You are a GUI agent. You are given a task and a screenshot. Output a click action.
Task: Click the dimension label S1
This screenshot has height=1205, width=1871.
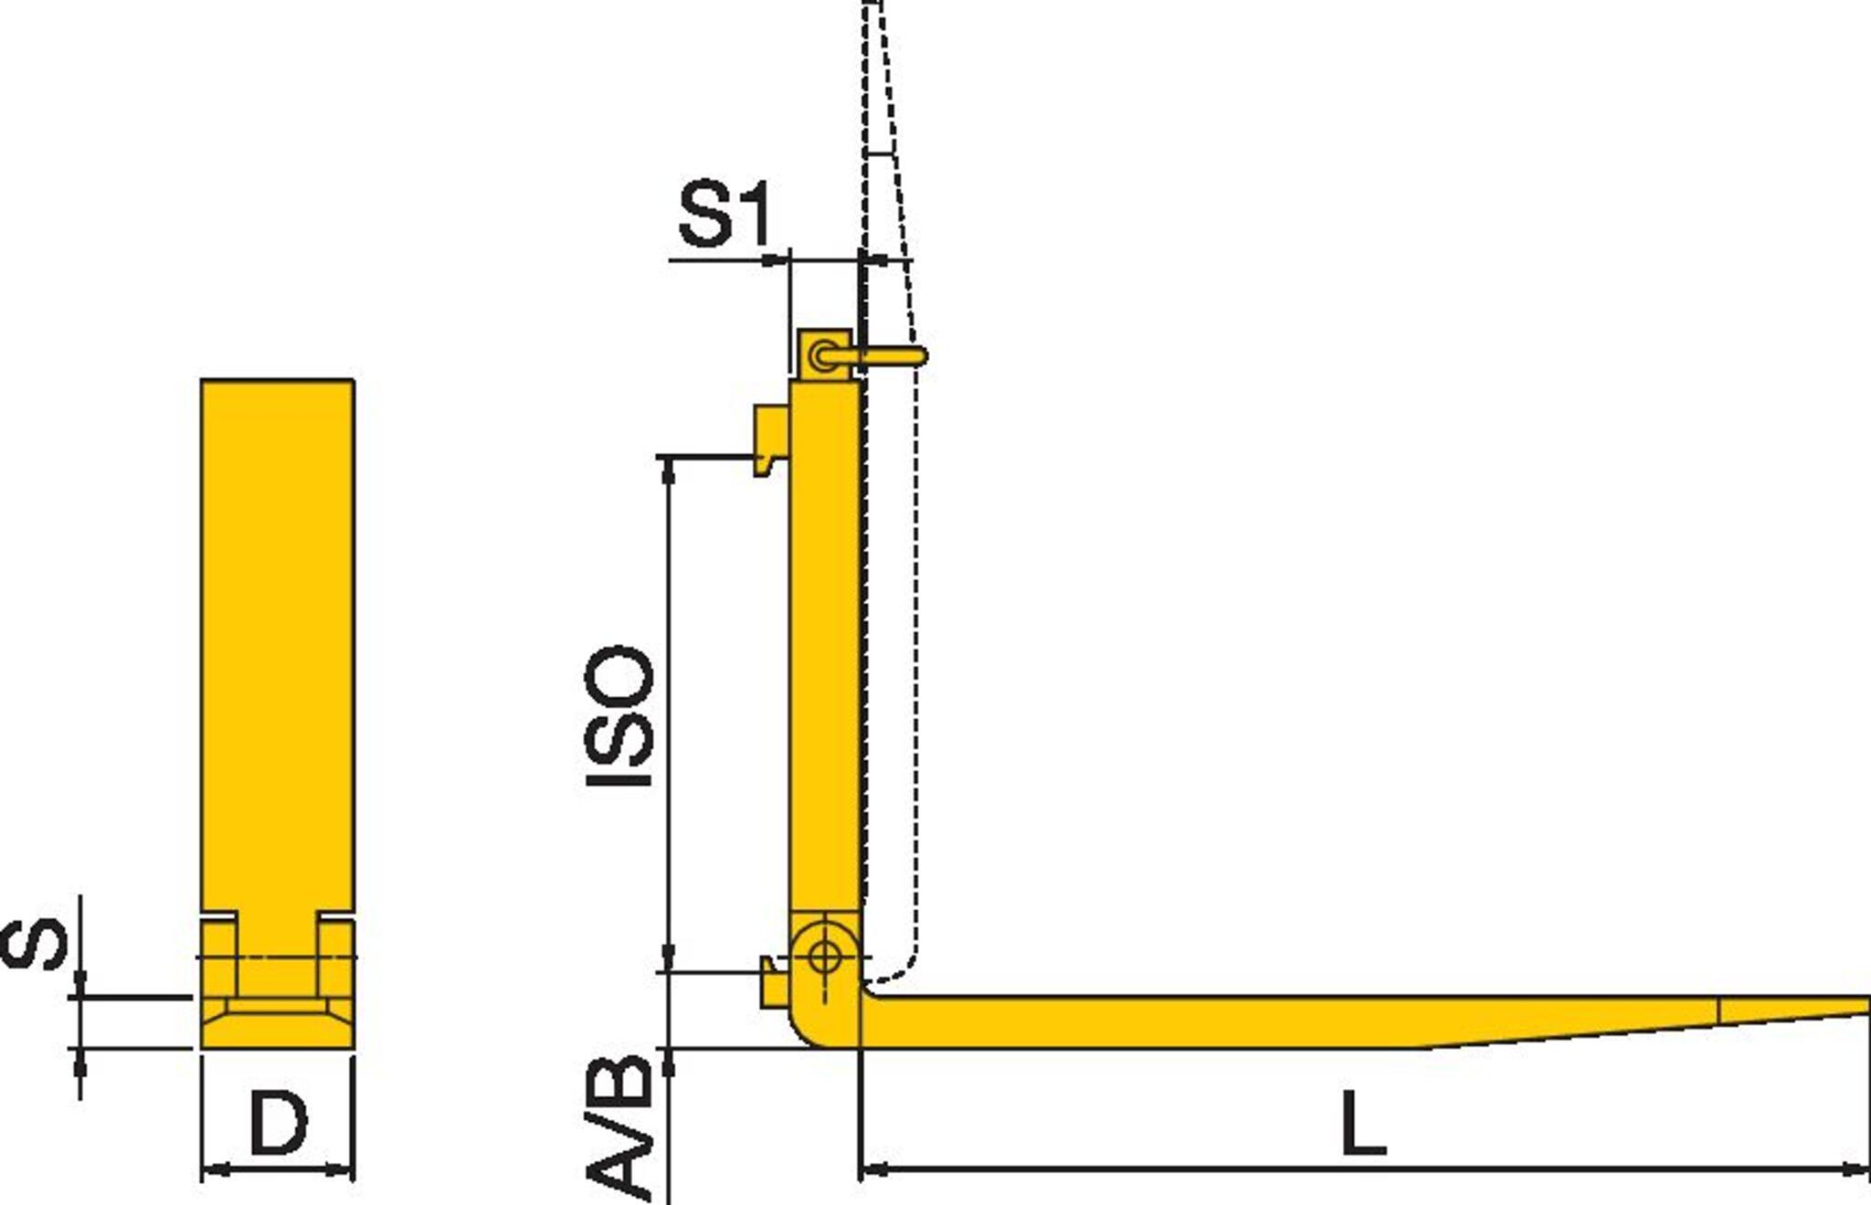pos(724,217)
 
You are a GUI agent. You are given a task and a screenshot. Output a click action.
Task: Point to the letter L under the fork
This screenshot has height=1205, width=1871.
pos(1363,1121)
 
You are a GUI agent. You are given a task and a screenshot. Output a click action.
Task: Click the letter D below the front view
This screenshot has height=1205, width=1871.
pos(279,1122)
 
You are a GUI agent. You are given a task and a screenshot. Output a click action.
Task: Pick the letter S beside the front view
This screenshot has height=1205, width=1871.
pos(35,944)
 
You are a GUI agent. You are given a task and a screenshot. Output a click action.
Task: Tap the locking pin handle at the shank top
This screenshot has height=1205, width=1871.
pos(891,355)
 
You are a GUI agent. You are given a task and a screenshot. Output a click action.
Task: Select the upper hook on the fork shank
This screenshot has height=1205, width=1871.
pos(770,439)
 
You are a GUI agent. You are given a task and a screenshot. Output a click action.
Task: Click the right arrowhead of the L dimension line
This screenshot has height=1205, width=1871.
pos(1858,1168)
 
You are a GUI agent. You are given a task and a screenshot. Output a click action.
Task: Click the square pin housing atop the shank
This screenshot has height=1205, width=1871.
pos(825,354)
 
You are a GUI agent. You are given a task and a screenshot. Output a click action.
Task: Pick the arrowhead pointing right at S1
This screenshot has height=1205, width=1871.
pos(777,261)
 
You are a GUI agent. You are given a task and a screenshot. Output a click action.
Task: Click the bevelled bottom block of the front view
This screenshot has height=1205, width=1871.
pos(278,1023)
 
